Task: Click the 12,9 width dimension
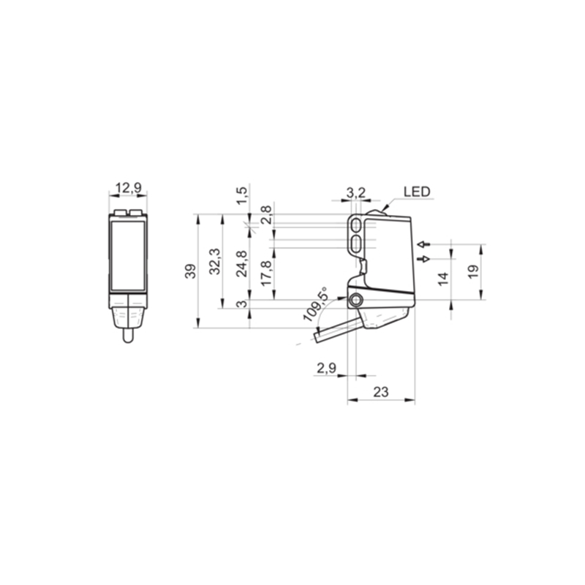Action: point(129,188)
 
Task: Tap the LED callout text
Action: point(417,192)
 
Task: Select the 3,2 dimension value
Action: point(356,193)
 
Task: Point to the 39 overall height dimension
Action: point(190,271)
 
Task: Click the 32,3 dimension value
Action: point(215,262)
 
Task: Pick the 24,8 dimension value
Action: point(242,264)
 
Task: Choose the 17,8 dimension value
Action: point(267,273)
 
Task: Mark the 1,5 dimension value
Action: point(242,195)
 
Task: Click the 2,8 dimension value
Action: point(267,215)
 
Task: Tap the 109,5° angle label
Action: point(316,304)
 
